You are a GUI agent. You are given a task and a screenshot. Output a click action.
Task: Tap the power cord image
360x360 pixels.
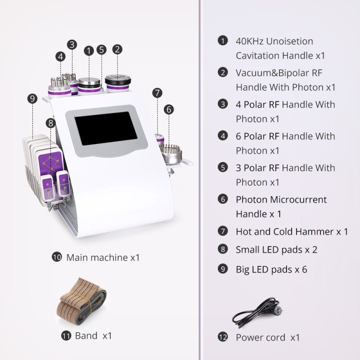[x=260, y=313]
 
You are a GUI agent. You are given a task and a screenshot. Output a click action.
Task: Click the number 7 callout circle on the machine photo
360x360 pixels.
[x=157, y=93]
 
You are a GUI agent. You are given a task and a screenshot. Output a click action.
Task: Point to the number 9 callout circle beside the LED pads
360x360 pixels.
[x=31, y=98]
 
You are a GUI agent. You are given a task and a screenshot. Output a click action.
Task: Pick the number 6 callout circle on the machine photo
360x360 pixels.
[x=168, y=109]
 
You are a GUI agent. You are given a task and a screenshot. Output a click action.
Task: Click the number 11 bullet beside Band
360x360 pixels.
[x=67, y=335]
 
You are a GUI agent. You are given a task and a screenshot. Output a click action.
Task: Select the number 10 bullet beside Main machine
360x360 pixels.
[x=57, y=258]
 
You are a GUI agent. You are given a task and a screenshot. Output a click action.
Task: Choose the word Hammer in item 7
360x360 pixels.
[x=315, y=232]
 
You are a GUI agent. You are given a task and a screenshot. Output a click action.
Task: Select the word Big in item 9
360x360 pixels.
[x=243, y=270]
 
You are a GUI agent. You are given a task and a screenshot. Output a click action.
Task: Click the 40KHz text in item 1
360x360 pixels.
[x=249, y=41]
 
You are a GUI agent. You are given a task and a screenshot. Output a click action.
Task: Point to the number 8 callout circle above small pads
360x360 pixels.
[x=50, y=122]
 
